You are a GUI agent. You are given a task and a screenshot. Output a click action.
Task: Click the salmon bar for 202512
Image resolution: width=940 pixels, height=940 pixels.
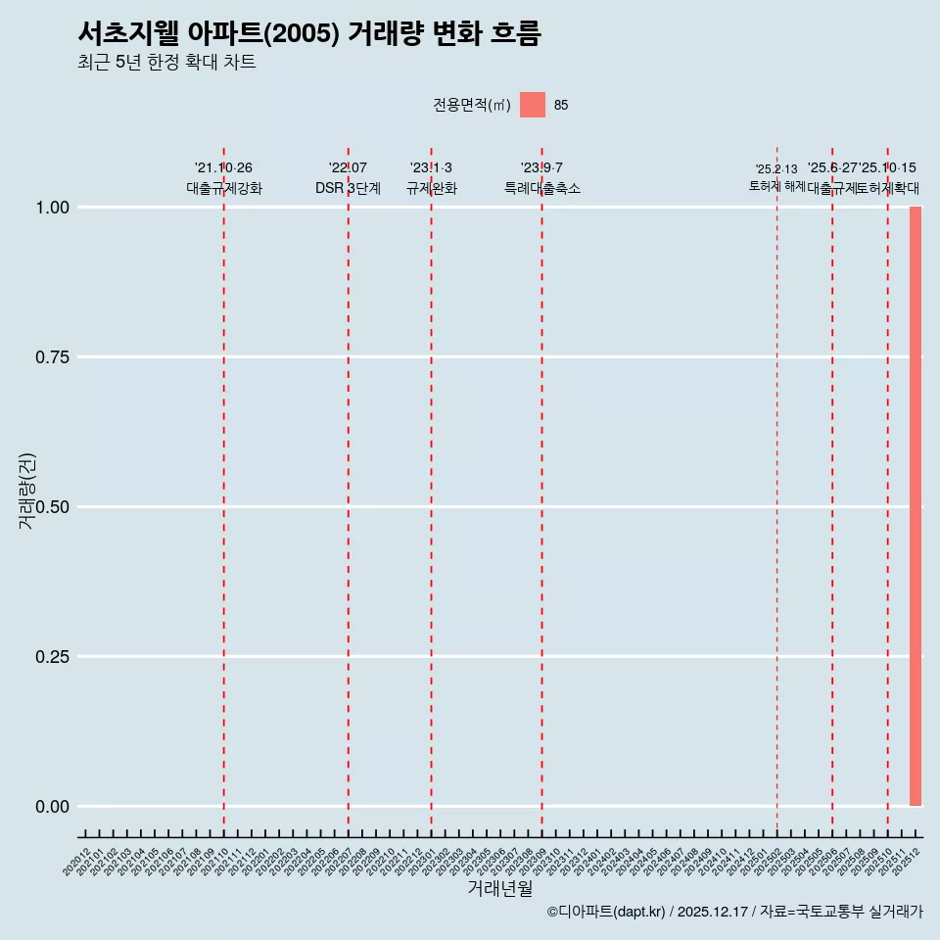[x=916, y=506]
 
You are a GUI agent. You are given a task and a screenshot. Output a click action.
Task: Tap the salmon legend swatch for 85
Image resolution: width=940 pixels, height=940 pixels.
[x=533, y=105]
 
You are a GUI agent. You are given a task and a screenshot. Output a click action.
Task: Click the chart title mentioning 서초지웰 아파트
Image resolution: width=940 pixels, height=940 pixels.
[x=308, y=33]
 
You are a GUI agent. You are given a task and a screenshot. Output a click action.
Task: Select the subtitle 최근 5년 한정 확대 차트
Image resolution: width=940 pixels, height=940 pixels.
[x=166, y=63]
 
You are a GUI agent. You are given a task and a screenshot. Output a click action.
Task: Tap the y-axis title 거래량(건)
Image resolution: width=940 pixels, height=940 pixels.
[x=26, y=492]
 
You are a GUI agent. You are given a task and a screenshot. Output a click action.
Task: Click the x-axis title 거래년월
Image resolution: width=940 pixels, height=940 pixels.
[x=499, y=889]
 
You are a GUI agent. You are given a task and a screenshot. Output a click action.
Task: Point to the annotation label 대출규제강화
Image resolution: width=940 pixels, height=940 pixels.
[x=224, y=188]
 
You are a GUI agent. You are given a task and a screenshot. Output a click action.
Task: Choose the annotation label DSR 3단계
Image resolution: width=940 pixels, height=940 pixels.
[x=348, y=188]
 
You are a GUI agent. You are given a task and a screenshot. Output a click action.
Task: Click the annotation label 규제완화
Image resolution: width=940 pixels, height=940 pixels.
[x=431, y=188]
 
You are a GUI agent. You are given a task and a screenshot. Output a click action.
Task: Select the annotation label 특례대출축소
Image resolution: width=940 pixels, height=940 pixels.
[x=542, y=188]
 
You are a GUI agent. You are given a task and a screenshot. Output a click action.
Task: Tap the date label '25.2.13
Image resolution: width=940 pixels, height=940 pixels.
[x=776, y=168]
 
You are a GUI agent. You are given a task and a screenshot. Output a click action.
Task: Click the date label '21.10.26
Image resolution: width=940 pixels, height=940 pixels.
[x=223, y=167]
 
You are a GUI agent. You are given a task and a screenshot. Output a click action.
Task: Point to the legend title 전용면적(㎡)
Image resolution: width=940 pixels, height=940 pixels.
[x=472, y=105]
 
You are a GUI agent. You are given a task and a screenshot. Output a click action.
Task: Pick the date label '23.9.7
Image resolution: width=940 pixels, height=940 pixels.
[x=541, y=167]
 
